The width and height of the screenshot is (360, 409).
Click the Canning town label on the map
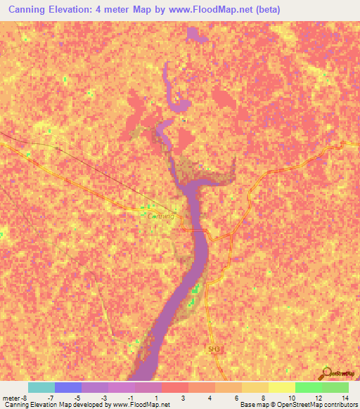click(162, 216)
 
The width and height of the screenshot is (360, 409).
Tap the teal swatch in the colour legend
click(41, 387)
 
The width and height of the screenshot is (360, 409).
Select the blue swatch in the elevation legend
click(67, 387)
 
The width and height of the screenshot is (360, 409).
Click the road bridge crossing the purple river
click(194, 230)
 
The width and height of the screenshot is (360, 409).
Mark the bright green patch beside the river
click(198, 289)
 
